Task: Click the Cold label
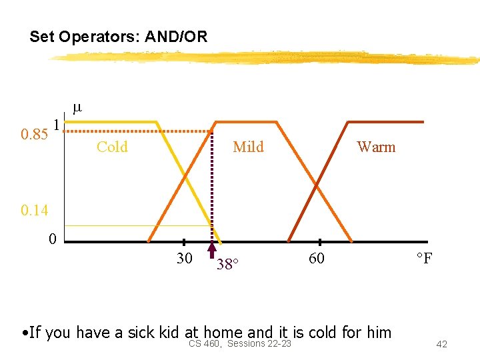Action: coord(112,147)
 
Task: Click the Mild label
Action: coord(248,147)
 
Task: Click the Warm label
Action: coord(376,147)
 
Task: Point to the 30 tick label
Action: coord(185,259)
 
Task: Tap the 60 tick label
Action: coord(317,259)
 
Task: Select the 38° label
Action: coord(226,265)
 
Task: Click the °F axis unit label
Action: coord(424,259)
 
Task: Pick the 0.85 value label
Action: coord(34,135)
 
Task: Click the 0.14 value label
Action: coord(34,211)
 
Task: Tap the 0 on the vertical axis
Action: coord(52,239)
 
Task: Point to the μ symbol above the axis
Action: coord(77,107)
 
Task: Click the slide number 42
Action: coord(441,344)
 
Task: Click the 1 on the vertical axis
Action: coord(57,125)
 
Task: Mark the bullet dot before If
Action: coord(24,333)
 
